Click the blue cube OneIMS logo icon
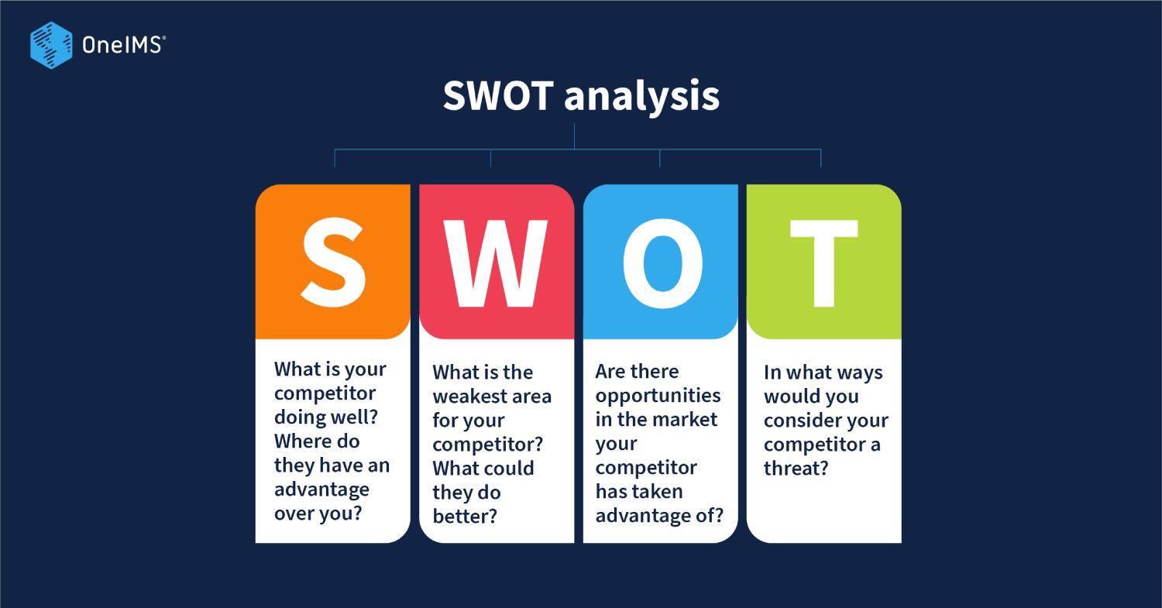[x=51, y=45]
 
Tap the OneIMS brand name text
[x=123, y=45]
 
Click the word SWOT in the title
[x=498, y=96]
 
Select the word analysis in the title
[x=641, y=98]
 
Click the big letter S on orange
[x=333, y=262]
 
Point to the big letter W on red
[x=496, y=263]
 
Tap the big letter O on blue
[x=662, y=263]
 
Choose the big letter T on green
[x=823, y=263]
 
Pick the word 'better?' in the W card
[x=465, y=516]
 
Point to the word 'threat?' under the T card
[x=796, y=468]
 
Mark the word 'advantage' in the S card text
[x=321, y=490]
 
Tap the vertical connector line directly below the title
[x=574, y=136]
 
